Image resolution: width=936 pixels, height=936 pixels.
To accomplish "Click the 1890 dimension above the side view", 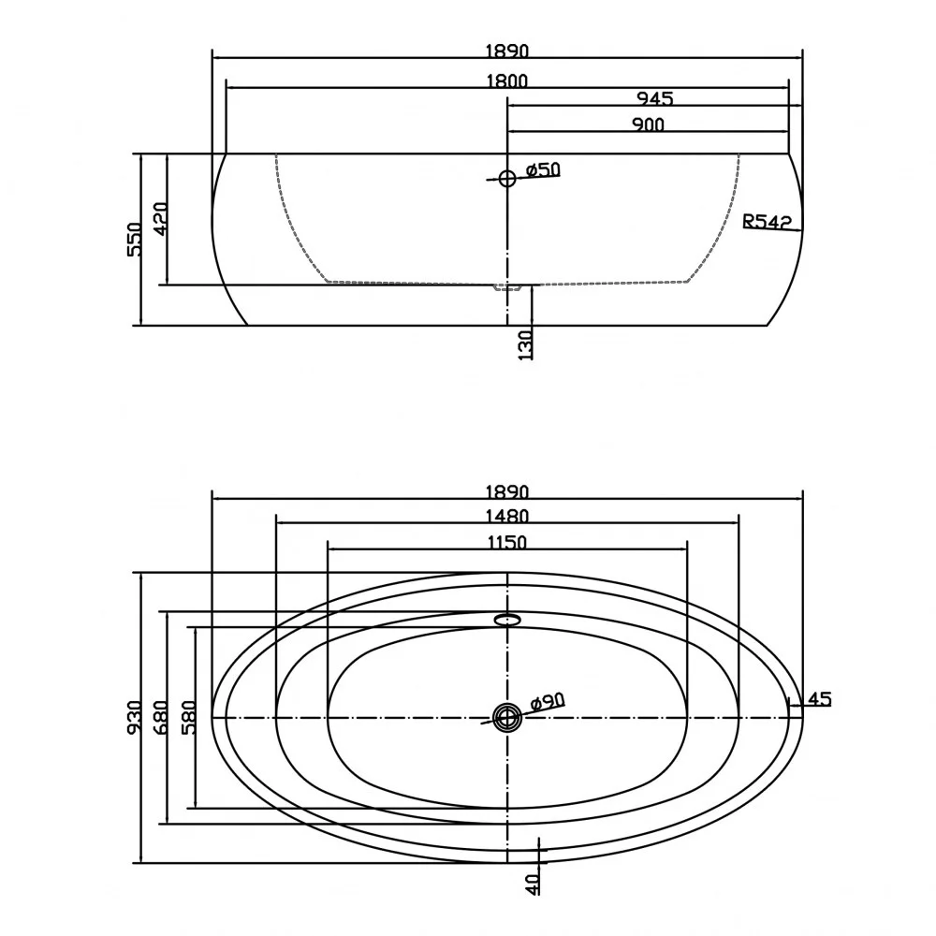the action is point(506,51).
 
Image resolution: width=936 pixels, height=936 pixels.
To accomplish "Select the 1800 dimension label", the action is point(506,80).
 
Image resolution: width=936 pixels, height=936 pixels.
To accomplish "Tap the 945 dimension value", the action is point(655,98).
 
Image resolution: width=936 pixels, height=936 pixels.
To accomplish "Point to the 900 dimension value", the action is point(648,124).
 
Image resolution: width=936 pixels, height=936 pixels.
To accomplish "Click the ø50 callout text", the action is point(543,169).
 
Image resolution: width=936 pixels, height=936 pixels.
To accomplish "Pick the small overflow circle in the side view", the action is point(506,178).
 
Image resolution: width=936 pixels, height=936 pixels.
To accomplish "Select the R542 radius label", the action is point(767,222).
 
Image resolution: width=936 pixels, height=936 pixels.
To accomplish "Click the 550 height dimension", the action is point(135,240).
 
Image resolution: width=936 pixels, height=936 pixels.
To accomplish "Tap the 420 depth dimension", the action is point(161,219).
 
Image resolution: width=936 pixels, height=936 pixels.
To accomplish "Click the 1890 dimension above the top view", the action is point(506,492).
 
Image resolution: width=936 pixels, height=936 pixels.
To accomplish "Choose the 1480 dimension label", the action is point(506,516).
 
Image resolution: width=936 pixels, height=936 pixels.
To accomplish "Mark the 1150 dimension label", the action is point(506,543).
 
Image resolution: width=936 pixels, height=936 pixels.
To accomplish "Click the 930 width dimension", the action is point(135,718).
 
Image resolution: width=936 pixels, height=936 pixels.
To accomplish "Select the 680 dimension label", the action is point(161,718).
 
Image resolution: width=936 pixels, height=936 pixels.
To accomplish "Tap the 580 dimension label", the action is point(189,718).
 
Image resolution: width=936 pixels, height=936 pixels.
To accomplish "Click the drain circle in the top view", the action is point(507,717).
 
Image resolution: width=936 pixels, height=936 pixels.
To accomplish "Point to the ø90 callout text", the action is point(547,702).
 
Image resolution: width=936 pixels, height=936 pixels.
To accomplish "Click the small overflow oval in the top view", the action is point(507,619).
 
